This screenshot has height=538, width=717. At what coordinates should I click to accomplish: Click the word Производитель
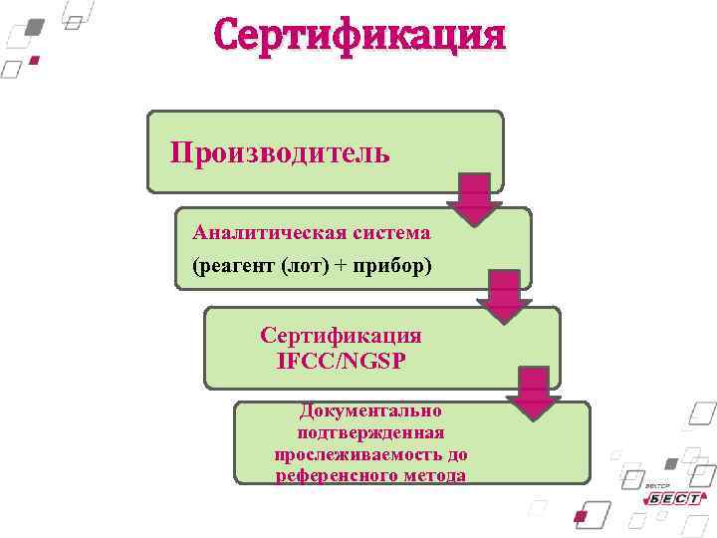(x=280, y=152)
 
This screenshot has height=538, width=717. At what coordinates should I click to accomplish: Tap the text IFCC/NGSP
(x=342, y=360)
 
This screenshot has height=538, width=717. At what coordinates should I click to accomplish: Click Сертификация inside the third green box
(x=341, y=336)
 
